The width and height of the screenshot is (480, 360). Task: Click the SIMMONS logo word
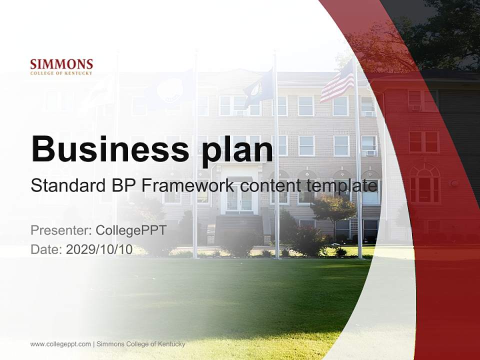tap(61, 64)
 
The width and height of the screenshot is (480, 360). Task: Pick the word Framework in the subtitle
tap(188, 186)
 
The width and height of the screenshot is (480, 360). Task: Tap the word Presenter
tap(59, 230)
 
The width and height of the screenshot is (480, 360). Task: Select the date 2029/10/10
tap(99, 249)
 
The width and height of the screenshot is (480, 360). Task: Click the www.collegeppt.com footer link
tap(60, 344)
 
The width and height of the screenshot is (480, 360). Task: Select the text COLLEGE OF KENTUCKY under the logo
tap(61, 73)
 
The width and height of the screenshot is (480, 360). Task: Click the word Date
tap(46, 249)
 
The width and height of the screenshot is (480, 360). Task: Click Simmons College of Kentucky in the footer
tap(140, 344)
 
